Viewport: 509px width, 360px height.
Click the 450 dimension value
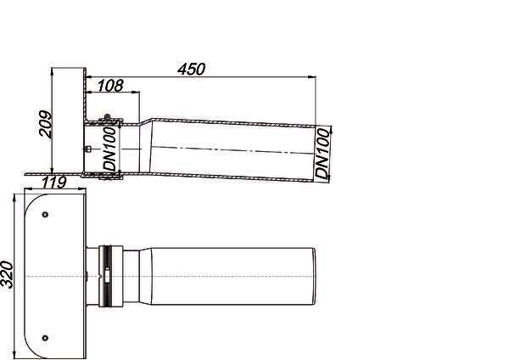click(191, 70)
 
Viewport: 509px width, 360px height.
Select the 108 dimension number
click(110, 86)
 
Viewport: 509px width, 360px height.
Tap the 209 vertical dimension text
click(45, 124)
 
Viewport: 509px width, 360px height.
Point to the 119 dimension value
click(54, 183)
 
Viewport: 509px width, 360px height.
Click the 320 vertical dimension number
click(7, 274)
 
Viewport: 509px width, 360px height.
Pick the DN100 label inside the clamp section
click(109, 149)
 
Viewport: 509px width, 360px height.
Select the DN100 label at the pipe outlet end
click(322, 154)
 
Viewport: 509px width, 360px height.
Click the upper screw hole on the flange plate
click(46, 215)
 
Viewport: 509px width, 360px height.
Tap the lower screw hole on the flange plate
click(46, 338)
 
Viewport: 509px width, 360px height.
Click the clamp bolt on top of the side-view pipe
click(107, 117)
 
